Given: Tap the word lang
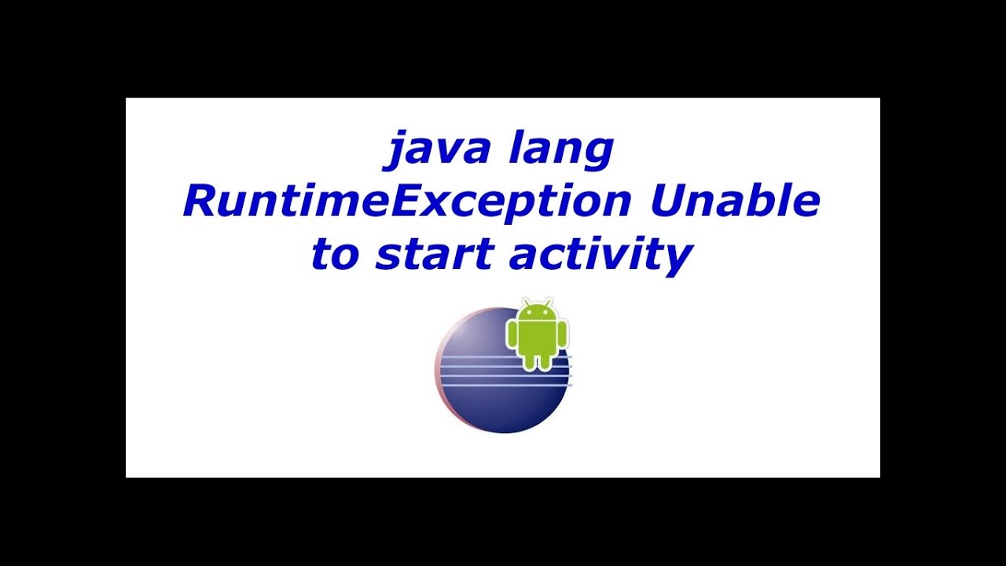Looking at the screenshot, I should coord(560,149).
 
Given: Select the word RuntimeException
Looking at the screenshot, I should coord(407,201).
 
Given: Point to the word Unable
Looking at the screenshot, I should coord(736,201).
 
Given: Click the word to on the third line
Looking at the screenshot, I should coord(336,254).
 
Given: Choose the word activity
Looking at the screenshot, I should coord(601,254).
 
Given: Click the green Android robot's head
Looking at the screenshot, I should coord(537,313).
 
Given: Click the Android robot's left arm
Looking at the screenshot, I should coord(512,336).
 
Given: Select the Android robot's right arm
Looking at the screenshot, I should coord(563,336).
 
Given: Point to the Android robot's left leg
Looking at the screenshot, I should coord(530,362).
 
